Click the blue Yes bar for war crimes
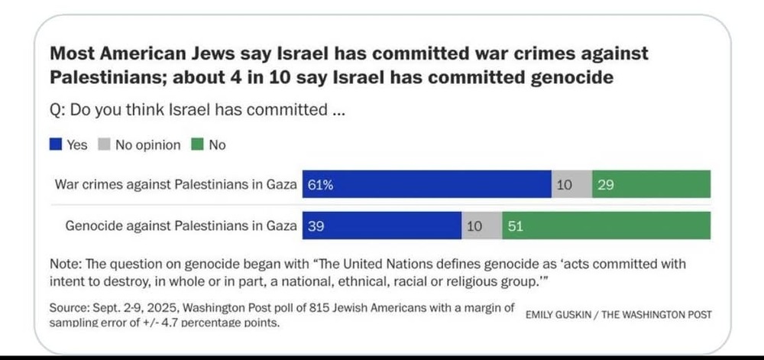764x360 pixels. coord(428,185)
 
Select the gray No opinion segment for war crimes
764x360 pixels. coord(571,185)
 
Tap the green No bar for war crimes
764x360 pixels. coord(651,185)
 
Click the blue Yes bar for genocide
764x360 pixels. coord(382,225)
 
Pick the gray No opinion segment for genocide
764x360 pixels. coord(481,225)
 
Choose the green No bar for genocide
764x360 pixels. coord(606,225)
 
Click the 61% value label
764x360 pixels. coord(321,185)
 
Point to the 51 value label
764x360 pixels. coord(516,225)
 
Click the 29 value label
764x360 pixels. coord(606,185)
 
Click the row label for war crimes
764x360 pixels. coord(175,185)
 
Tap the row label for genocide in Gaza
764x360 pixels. coord(181,225)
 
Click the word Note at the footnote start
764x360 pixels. coord(64,264)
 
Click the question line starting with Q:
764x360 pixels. coord(199,110)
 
